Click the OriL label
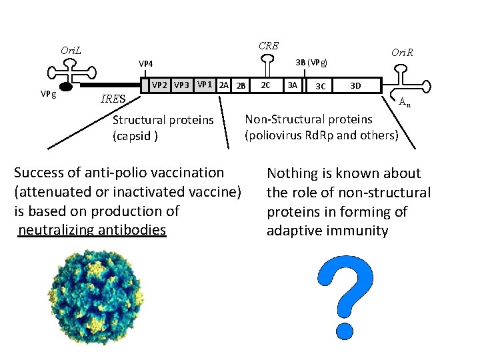coord(71,51)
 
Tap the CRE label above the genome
coord(268,45)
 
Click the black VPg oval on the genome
coord(66,87)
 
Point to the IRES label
coord(112,99)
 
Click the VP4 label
coord(146,64)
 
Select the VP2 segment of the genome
coord(159,85)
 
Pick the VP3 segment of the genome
coord(181,85)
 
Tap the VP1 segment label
coord(205,85)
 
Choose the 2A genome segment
coord(224,85)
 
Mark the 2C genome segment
coord(265,85)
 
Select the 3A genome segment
coord(291,85)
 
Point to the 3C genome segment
coord(320,86)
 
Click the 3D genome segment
coord(355,85)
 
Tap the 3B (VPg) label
coord(311,63)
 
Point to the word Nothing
coord(292,174)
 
